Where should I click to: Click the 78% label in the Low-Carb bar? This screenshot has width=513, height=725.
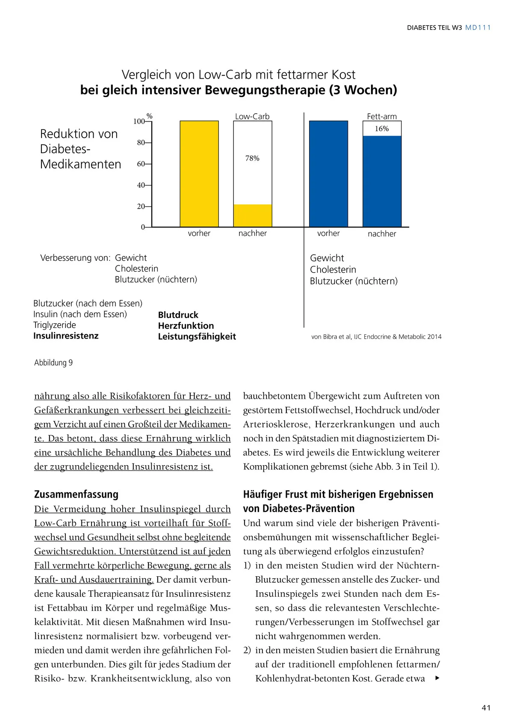click(252, 158)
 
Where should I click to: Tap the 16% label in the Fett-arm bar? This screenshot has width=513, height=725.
click(382, 129)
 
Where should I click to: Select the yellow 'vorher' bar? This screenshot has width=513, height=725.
click(199, 174)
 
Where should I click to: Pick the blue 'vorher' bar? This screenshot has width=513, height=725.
click(328, 174)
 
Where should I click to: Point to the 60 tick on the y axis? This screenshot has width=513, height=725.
click(141, 164)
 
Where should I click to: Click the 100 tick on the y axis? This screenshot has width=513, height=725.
click(139, 121)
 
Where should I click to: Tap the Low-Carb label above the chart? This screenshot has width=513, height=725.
click(252, 116)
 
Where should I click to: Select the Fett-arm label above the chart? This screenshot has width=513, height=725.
click(382, 116)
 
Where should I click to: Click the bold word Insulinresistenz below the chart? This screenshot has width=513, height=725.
click(66, 336)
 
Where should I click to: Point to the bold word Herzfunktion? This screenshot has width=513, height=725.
click(186, 326)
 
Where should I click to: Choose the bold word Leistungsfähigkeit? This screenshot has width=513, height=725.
click(197, 336)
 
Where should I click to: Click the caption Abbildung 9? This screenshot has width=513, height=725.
click(53, 362)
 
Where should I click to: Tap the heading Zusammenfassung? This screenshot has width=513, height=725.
click(76, 494)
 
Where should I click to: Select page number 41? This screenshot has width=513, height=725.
click(486, 708)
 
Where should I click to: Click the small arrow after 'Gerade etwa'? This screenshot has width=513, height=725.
click(437, 678)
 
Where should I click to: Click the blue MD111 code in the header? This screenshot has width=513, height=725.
click(478, 27)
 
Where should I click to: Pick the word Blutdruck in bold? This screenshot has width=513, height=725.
click(178, 315)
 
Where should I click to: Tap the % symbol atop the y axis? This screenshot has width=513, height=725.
click(150, 116)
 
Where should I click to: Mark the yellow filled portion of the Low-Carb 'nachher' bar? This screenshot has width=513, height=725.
click(253, 215)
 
